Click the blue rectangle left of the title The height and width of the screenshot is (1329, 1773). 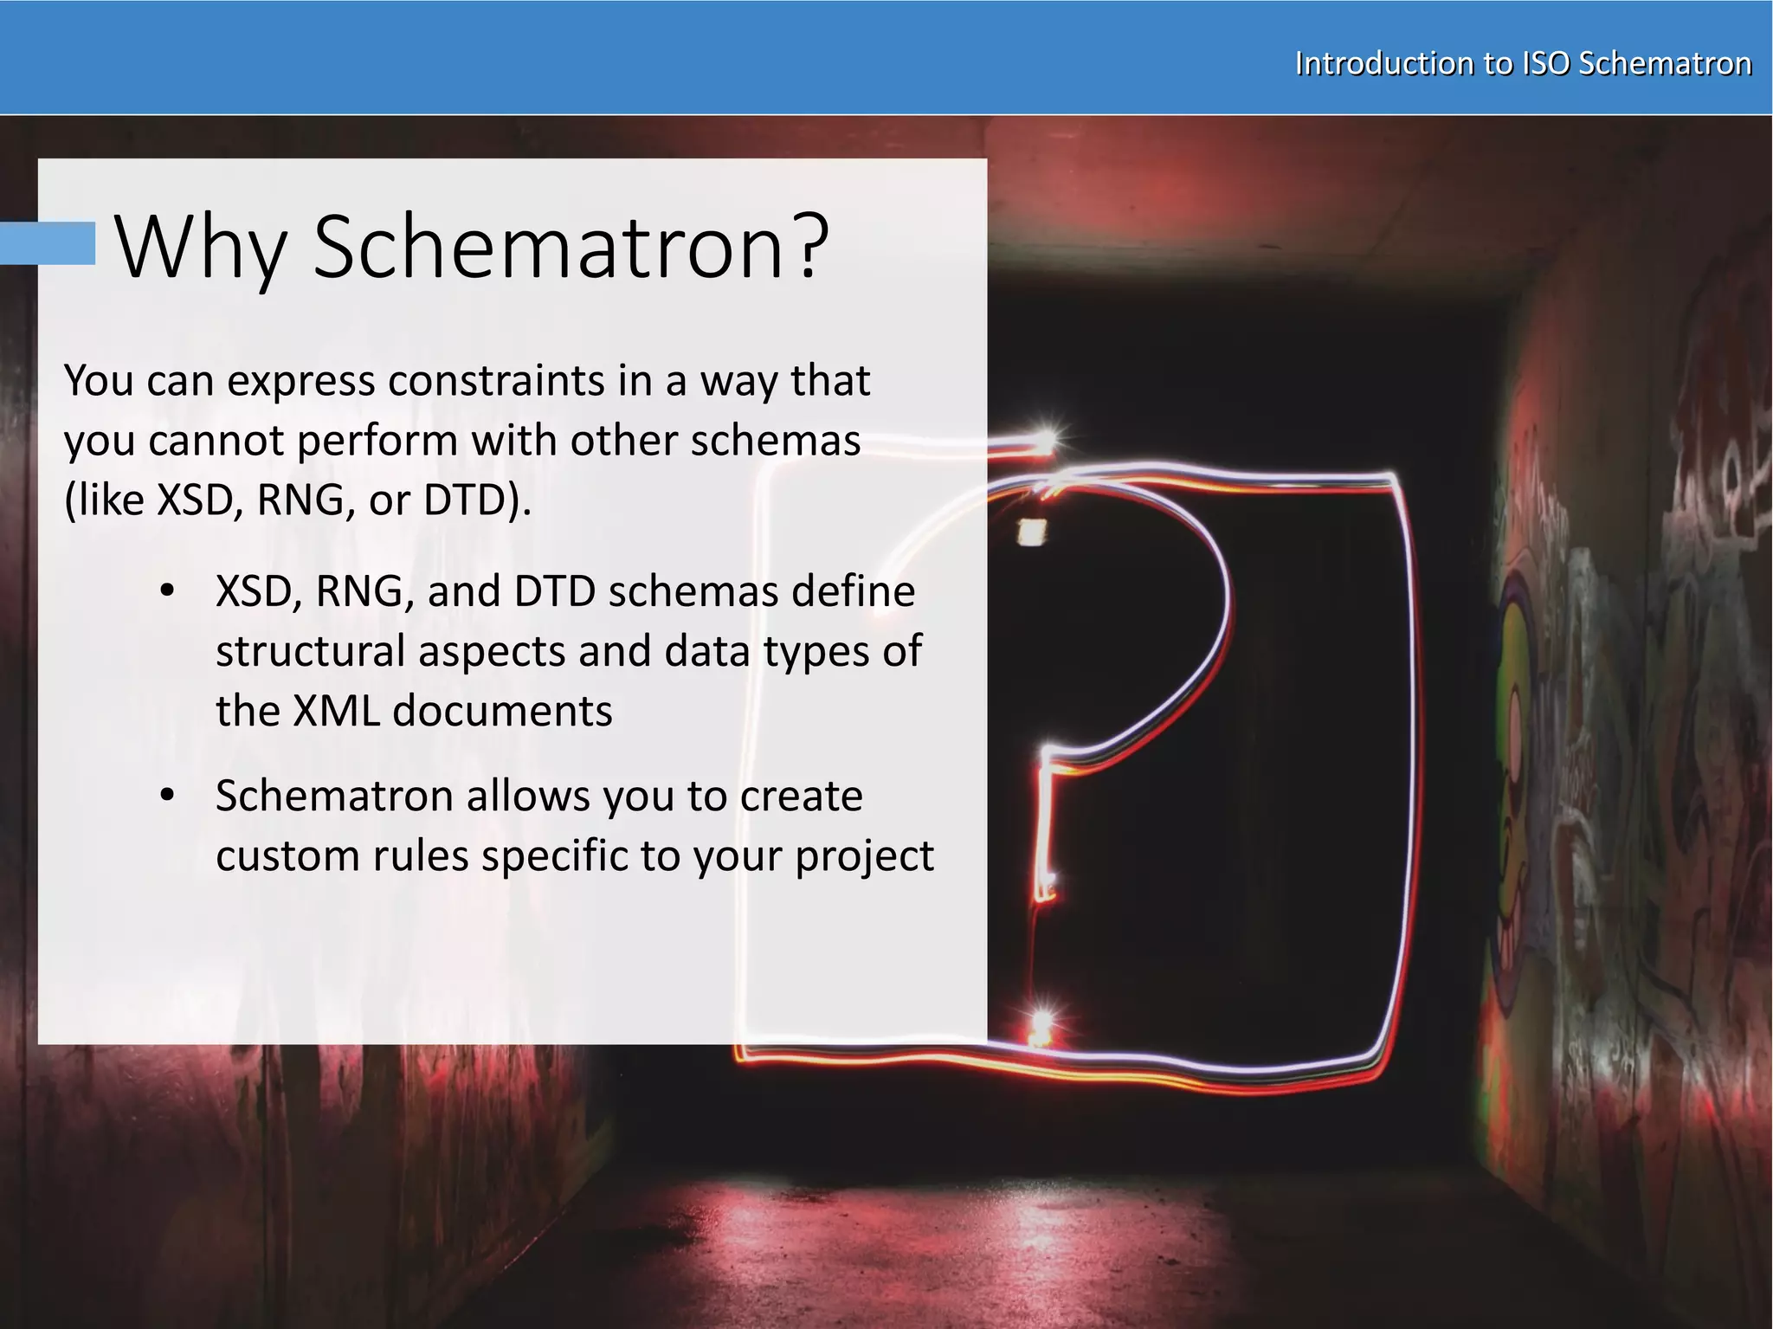tap(48, 242)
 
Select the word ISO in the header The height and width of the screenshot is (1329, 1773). tap(1545, 63)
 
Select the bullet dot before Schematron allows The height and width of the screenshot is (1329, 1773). tap(168, 795)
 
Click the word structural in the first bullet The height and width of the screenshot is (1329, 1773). tap(310, 651)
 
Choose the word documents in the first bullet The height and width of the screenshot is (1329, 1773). tap(502, 711)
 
